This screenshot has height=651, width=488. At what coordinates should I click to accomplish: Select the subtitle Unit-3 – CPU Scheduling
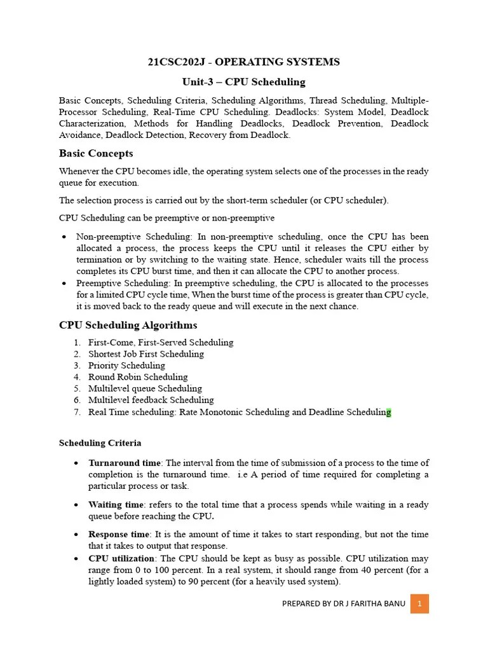(x=244, y=82)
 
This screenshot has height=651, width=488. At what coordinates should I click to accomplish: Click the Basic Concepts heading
(x=96, y=153)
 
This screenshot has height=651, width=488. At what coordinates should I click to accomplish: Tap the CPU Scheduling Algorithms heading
(x=128, y=325)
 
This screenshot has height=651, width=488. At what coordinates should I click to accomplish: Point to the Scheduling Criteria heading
(x=100, y=442)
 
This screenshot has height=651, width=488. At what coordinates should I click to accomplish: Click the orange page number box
(x=419, y=603)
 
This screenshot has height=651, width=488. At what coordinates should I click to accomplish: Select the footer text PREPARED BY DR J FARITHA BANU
(x=342, y=604)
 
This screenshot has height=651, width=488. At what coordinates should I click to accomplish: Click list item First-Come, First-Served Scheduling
(x=161, y=343)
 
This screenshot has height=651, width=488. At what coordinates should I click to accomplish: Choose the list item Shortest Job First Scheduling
(x=146, y=354)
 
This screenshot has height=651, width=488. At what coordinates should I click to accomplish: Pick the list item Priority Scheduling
(x=126, y=366)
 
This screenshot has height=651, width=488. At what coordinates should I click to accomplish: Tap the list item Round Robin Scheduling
(x=138, y=377)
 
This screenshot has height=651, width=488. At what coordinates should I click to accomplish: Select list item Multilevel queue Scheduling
(x=145, y=388)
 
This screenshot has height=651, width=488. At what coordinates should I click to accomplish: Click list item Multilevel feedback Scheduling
(x=151, y=400)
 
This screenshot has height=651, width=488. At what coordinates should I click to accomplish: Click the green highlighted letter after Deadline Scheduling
(x=389, y=412)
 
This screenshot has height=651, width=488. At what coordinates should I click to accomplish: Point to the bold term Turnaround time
(x=125, y=463)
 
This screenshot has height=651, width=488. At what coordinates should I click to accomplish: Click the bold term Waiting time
(x=116, y=505)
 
